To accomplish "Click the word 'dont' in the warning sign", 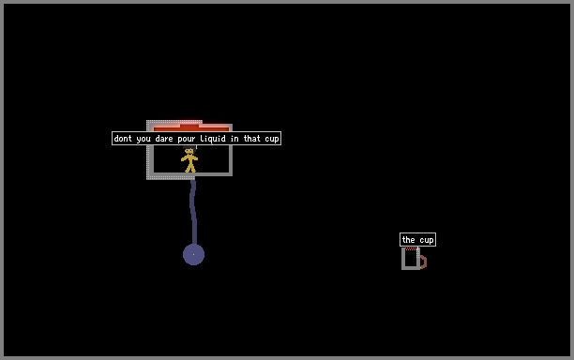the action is [x=123, y=139].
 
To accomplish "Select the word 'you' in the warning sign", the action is [x=143, y=139].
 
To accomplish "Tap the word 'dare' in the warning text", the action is [x=163, y=139].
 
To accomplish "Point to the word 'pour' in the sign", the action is [x=187, y=139].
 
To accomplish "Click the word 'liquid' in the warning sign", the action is [x=213, y=139].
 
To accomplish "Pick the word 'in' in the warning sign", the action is [x=234, y=139].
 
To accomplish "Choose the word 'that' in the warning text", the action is [x=252, y=139].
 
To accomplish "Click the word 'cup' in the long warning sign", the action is [x=272, y=139].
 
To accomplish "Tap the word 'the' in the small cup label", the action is [x=409, y=240].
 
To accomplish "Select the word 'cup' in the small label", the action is [x=427, y=240].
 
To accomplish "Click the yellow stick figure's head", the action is [x=189, y=150].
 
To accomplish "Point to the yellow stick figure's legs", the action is [x=190, y=167].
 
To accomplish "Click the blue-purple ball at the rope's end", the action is [x=193, y=254].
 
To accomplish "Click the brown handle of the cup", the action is [x=423, y=262].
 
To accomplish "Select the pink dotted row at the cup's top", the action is [x=411, y=248].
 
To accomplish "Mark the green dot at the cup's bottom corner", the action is [x=420, y=268].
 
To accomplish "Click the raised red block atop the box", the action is [x=189, y=127].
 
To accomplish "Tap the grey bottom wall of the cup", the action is [x=411, y=268].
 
